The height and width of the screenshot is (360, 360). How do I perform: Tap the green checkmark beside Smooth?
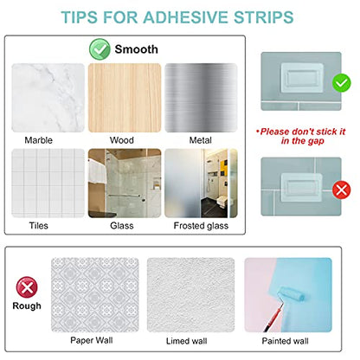100,49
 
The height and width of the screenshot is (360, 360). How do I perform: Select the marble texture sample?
48,98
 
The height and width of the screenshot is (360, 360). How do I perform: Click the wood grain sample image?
125,98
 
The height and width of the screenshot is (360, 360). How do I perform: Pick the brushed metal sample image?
201,98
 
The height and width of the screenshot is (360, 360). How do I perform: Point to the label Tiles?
39,226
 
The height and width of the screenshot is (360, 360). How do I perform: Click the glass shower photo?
125,183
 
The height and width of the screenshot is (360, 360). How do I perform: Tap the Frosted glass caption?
201,226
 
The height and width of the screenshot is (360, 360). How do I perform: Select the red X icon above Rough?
27,287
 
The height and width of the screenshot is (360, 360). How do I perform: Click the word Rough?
27,306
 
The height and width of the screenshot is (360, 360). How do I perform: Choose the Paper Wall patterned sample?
95,295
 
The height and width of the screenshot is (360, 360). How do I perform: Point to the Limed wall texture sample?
191,295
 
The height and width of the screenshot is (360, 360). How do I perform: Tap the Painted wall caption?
285,341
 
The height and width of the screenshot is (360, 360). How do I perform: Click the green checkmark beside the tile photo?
342,83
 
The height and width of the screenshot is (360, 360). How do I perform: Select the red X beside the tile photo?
342,190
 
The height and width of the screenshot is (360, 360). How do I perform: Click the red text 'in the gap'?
303,141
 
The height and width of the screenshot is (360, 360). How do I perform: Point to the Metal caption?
201,140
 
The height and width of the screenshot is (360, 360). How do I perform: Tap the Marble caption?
39,140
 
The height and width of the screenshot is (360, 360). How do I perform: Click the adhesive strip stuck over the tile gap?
301,188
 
